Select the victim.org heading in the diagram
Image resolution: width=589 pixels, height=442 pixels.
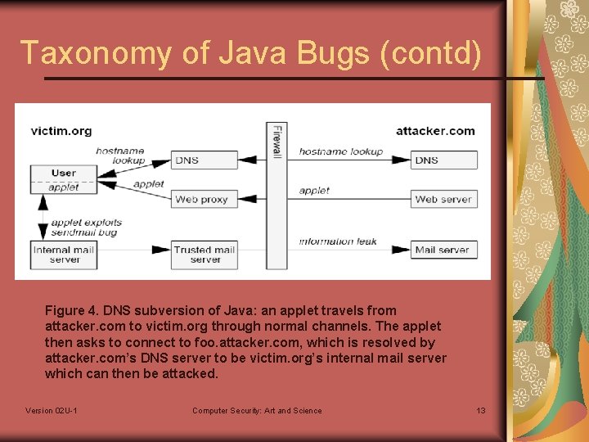[x=61, y=130]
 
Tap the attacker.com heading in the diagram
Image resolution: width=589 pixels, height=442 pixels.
[x=435, y=130]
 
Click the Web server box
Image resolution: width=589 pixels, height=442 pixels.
[x=443, y=199]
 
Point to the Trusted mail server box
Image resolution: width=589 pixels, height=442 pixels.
[x=205, y=255]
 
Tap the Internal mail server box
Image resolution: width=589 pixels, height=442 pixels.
[x=64, y=255]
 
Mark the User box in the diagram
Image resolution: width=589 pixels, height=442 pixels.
[x=64, y=173]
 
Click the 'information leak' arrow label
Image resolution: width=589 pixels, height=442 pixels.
[x=338, y=241]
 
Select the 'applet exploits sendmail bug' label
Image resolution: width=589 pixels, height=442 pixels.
[x=86, y=227]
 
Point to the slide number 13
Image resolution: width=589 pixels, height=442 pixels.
[x=481, y=411]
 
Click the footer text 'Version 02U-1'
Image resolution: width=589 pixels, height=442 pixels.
[x=52, y=411]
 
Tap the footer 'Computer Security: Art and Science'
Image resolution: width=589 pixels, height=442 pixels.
[x=257, y=411]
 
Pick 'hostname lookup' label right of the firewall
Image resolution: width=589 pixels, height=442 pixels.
[x=340, y=151]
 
